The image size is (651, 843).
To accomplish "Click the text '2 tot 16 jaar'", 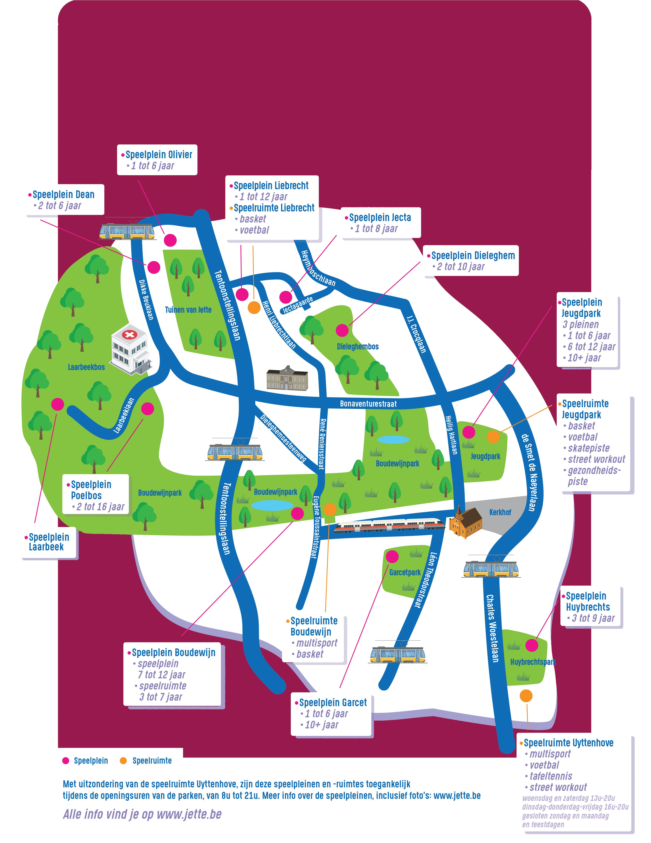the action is [x=100, y=507].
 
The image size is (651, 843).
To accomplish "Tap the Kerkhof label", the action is [x=500, y=512].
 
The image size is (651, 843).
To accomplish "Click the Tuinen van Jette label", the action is [x=188, y=309].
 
